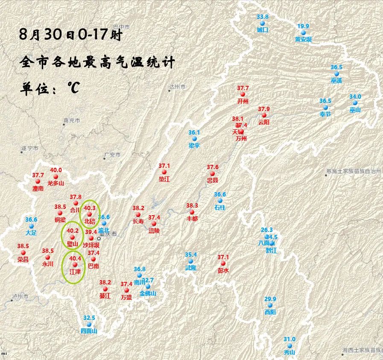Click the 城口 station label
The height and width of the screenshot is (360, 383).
tap(262, 30)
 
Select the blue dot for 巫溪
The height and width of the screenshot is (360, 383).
tap(336, 74)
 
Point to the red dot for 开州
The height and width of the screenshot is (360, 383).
tap(243, 94)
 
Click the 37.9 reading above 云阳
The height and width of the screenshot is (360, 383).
tap(264, 109)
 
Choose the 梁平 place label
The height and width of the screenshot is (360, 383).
tap(194, 146)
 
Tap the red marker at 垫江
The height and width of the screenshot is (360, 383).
tap(164, 172)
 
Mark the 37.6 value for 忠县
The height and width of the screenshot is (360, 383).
tap(213, 167)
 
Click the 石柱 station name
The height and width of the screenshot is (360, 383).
tap(220, 208)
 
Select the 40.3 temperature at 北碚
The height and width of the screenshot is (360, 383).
tap(90, 208)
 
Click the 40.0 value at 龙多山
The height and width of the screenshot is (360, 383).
tap(56, 170)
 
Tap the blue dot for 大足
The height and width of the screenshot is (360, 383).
tap(31, 226)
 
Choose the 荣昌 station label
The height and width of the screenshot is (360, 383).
tap(23, 259)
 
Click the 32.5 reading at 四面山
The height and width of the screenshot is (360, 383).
tap(89, 318)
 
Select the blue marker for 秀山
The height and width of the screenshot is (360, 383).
tap(289, 345)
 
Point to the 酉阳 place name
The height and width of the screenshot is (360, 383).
tap(270, 312)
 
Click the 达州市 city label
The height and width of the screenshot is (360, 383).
tap(177, 87)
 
